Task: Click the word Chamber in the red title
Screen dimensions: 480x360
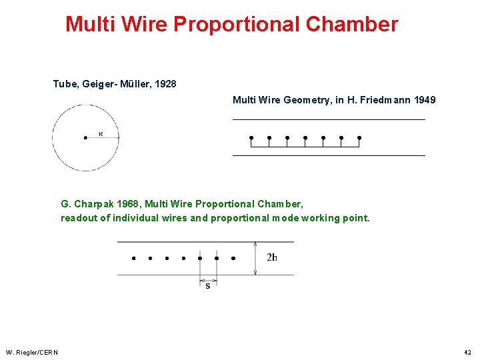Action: pos(352,25)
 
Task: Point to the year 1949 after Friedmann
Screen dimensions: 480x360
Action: pos(425,100)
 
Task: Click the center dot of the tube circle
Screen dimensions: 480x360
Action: pos(85,137)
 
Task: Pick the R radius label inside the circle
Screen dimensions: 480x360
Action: pos(101,133)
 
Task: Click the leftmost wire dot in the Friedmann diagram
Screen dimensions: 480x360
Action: pos(251,138)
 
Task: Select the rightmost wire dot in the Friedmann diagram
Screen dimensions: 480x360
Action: pos(359,138)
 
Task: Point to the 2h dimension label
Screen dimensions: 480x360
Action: pos(272,257)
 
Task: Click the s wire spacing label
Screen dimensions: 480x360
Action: pos(208,286)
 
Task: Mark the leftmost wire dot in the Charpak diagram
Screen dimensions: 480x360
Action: pos(133,258)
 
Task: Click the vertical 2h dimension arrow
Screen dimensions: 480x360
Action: pos(256,258)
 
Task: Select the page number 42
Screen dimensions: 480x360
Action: pos(467,352)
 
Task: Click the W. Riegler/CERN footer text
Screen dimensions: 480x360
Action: pos(32,352)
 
